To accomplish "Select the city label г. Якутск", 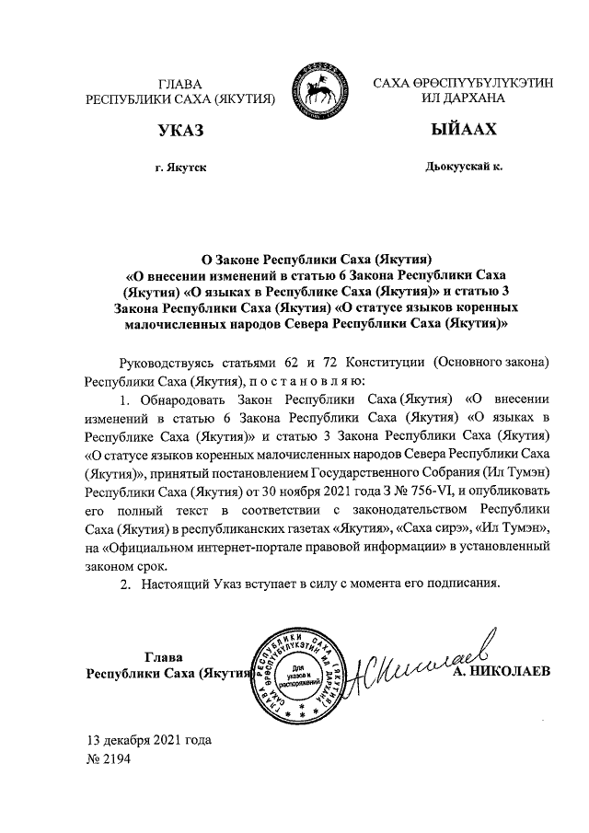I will (x=180, y=168).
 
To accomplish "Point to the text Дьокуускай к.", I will (x=463, y=168).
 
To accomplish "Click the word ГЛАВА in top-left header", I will (x=179, y=83).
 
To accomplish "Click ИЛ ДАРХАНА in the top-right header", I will (x=463, y=98).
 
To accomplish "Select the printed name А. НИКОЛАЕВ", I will (x=502, y=672).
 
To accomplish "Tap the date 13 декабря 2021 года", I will (x=148, y=739).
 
